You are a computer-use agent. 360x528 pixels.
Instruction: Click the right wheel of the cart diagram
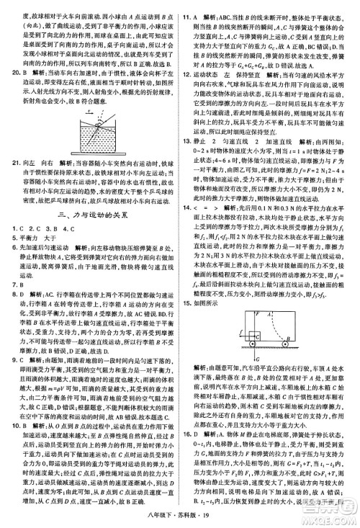pyautogui.click(x=285, y=344)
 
